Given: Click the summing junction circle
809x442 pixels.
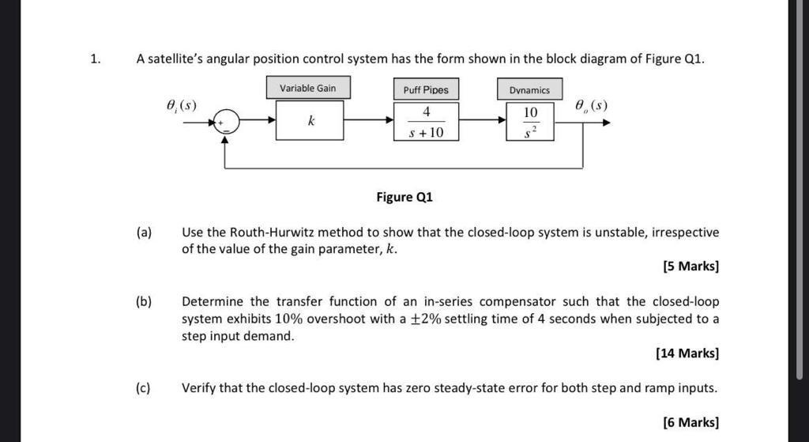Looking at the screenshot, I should point(226,122).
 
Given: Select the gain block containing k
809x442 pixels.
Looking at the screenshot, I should point(310,121).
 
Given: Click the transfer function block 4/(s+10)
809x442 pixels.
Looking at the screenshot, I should point(426,122).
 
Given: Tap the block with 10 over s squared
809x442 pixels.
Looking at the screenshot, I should point(529,122).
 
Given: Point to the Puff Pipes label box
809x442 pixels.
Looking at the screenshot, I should point(426,89).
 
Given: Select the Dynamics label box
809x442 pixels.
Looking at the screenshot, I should point(529,89).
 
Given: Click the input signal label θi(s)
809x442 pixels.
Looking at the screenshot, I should point(181,105).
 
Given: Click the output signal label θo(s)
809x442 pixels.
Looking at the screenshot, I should point(591,105).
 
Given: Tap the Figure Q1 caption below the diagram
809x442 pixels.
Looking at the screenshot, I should point(404,197).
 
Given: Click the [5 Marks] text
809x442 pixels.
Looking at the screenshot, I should point(691,266).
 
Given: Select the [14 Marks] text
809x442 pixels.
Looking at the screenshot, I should point(687,353).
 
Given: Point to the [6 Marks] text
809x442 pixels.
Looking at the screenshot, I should point(691,422).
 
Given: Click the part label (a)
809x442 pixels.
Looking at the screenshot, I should point(144,232).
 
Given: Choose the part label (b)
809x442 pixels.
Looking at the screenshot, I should point(144,302).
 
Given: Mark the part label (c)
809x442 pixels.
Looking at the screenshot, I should point(144,388).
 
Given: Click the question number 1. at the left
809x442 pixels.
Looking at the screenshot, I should point(95,59).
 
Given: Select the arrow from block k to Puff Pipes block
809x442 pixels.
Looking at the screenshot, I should point(369,121).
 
